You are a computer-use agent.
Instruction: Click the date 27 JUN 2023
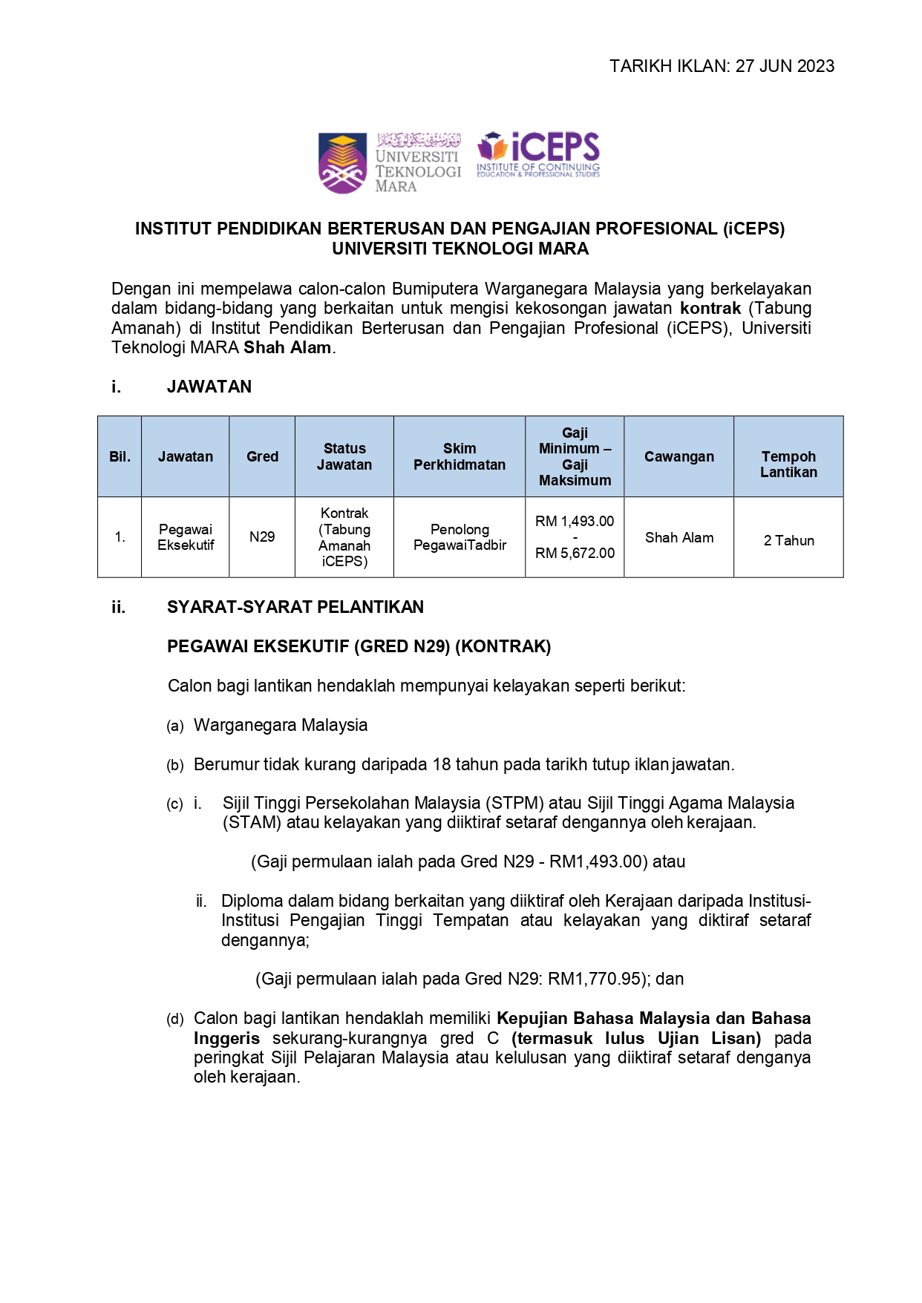click(x=785, y=66)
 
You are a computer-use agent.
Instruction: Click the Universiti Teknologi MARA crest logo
click(x=342, y=163)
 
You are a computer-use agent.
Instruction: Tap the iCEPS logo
click(x=538, y=154)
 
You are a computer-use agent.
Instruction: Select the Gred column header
click(x=262, y=457)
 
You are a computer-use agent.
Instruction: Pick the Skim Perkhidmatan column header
click(x=460, y=457)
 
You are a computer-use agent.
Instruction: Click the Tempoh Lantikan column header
click(x=788, y=465)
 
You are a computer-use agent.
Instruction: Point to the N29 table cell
click(x=262, y=537)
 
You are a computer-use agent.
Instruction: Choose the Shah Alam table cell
click(x=679, y=538)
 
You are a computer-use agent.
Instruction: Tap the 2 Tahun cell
click(x=788, y=541)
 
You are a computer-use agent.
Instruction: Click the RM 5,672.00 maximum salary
click(x=575, y=554)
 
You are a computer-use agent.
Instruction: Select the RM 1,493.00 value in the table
click(x=575, y=522)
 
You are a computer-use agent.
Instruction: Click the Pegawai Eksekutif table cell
click(x=186, y=537)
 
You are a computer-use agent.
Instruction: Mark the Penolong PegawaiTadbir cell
click(x=460, y=537)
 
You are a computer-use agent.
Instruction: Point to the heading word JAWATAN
click(x=209, y=387)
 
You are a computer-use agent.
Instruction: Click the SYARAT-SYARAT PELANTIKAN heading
click(x=295, y=607)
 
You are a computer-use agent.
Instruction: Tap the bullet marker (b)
click(x=175, y=766)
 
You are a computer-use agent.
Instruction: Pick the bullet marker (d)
click(x=175, y=1020)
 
